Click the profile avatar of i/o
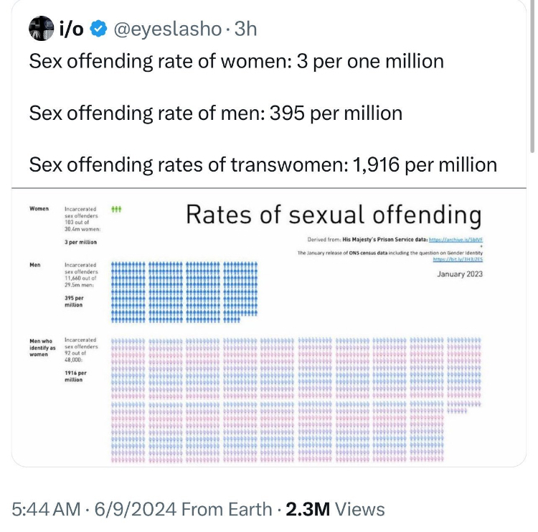pyautogui.click(x=40, y=29)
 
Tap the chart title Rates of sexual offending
pyautogui.click(x=333, y=215)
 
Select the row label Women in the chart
pyautogui.click(x=39, y=209)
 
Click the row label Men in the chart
pyautogui.click(x=34, y=266)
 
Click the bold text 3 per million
pyautogui.click(x=80, y=243)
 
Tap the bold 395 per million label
pyautogui.click(x=74, y=301)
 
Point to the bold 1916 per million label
pyautogui.click(x=75, y=376)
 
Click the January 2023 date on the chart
pyautogui.click(x=458, y=274)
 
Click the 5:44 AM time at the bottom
pyautogui.click(x=46, y=509)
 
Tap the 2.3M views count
pyautogui.click(x=307, y=509)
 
